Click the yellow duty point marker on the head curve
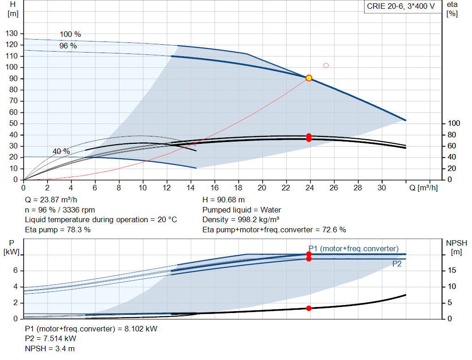(x=308, y=78)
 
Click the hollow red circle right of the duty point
(x=326, y=65)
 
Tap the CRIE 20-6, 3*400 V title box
(x=401, y=6)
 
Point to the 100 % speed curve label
(x=70, y=34)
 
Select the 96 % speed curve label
(x=68, y=46)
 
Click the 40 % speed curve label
(x=61, y=151)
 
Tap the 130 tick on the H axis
(x=12, y=33)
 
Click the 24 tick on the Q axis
(x=309, y=188)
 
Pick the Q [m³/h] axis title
(x=423, y=188)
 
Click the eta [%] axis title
(x=452, y=9)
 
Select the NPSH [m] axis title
(x=456, y=247)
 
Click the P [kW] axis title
(x=12, y=247)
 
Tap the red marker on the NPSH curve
(x=308, y=308)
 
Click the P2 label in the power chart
(x=397, y=264)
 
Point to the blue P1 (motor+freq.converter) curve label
(x=354, y=248)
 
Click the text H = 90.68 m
(x=224, y=200)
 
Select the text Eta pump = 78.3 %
(x=58, y=230)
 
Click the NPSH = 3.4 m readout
(x=50, y=348)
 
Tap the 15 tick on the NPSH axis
(x=452, y=270)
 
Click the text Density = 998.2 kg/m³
(x=241, y=220)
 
